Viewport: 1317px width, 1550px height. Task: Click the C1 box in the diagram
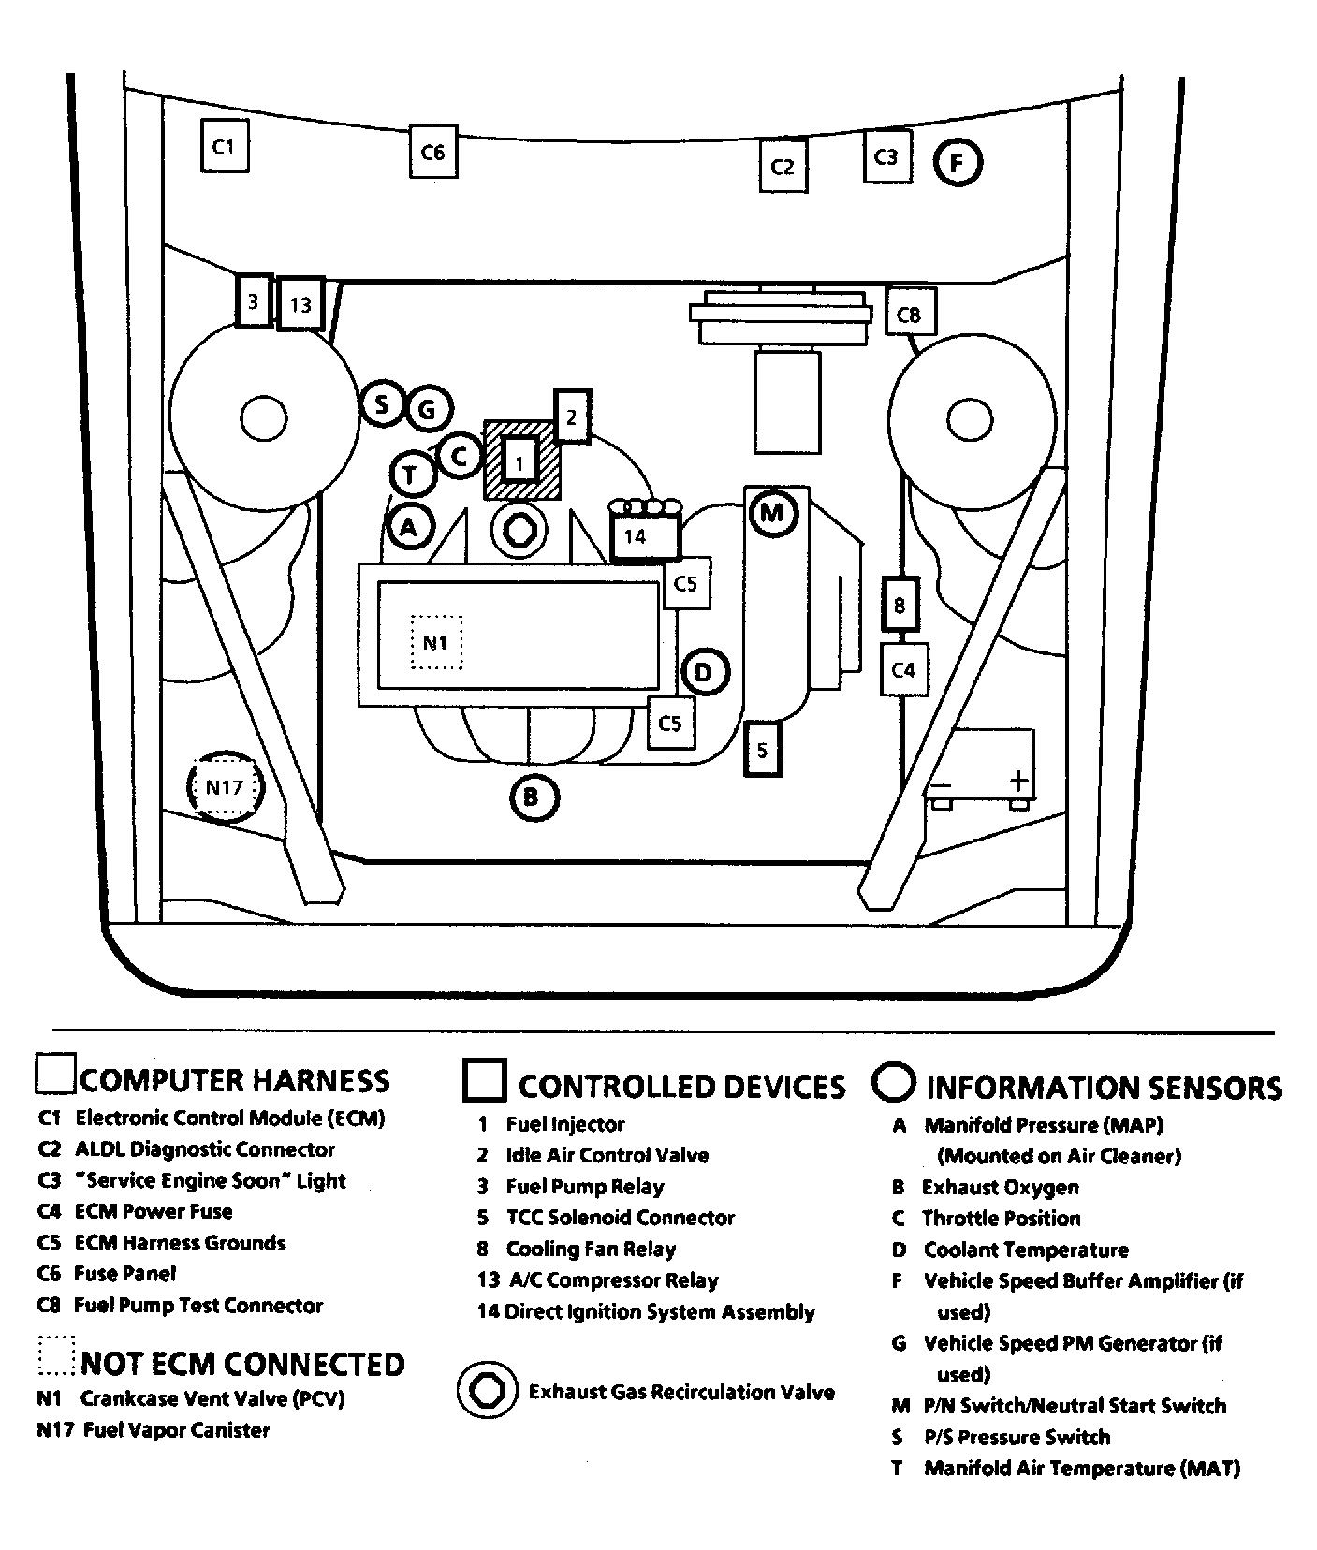click(x=225, y=145)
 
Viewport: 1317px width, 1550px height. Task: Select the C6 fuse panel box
click(x=432, y=151)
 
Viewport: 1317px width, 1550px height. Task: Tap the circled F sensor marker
click(x=957, y=163)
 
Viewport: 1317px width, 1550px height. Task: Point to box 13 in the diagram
click(x=300, y=304)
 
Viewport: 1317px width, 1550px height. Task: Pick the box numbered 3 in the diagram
click(x=253, y=301)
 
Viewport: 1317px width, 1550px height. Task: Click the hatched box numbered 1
click(x=521, y=460)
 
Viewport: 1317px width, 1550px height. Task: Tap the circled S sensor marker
click(x=382, y=405)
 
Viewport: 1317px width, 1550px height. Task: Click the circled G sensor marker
click(x=427, y=408)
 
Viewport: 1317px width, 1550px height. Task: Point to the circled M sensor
click(x=772, y=513)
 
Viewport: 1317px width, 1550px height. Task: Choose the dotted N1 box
click(x=436, y=642)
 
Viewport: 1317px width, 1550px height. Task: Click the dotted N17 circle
click(x=225, y=787)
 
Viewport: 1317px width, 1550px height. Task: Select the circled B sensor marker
click(x=534, y=798)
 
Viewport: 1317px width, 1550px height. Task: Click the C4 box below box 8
click(x=904, y=669)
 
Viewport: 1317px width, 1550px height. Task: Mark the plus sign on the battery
click(x=1017, y=780)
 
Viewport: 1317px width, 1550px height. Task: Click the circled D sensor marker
click(x=705, y=671)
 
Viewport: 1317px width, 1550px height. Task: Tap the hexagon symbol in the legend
click(x=487, y=1390)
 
